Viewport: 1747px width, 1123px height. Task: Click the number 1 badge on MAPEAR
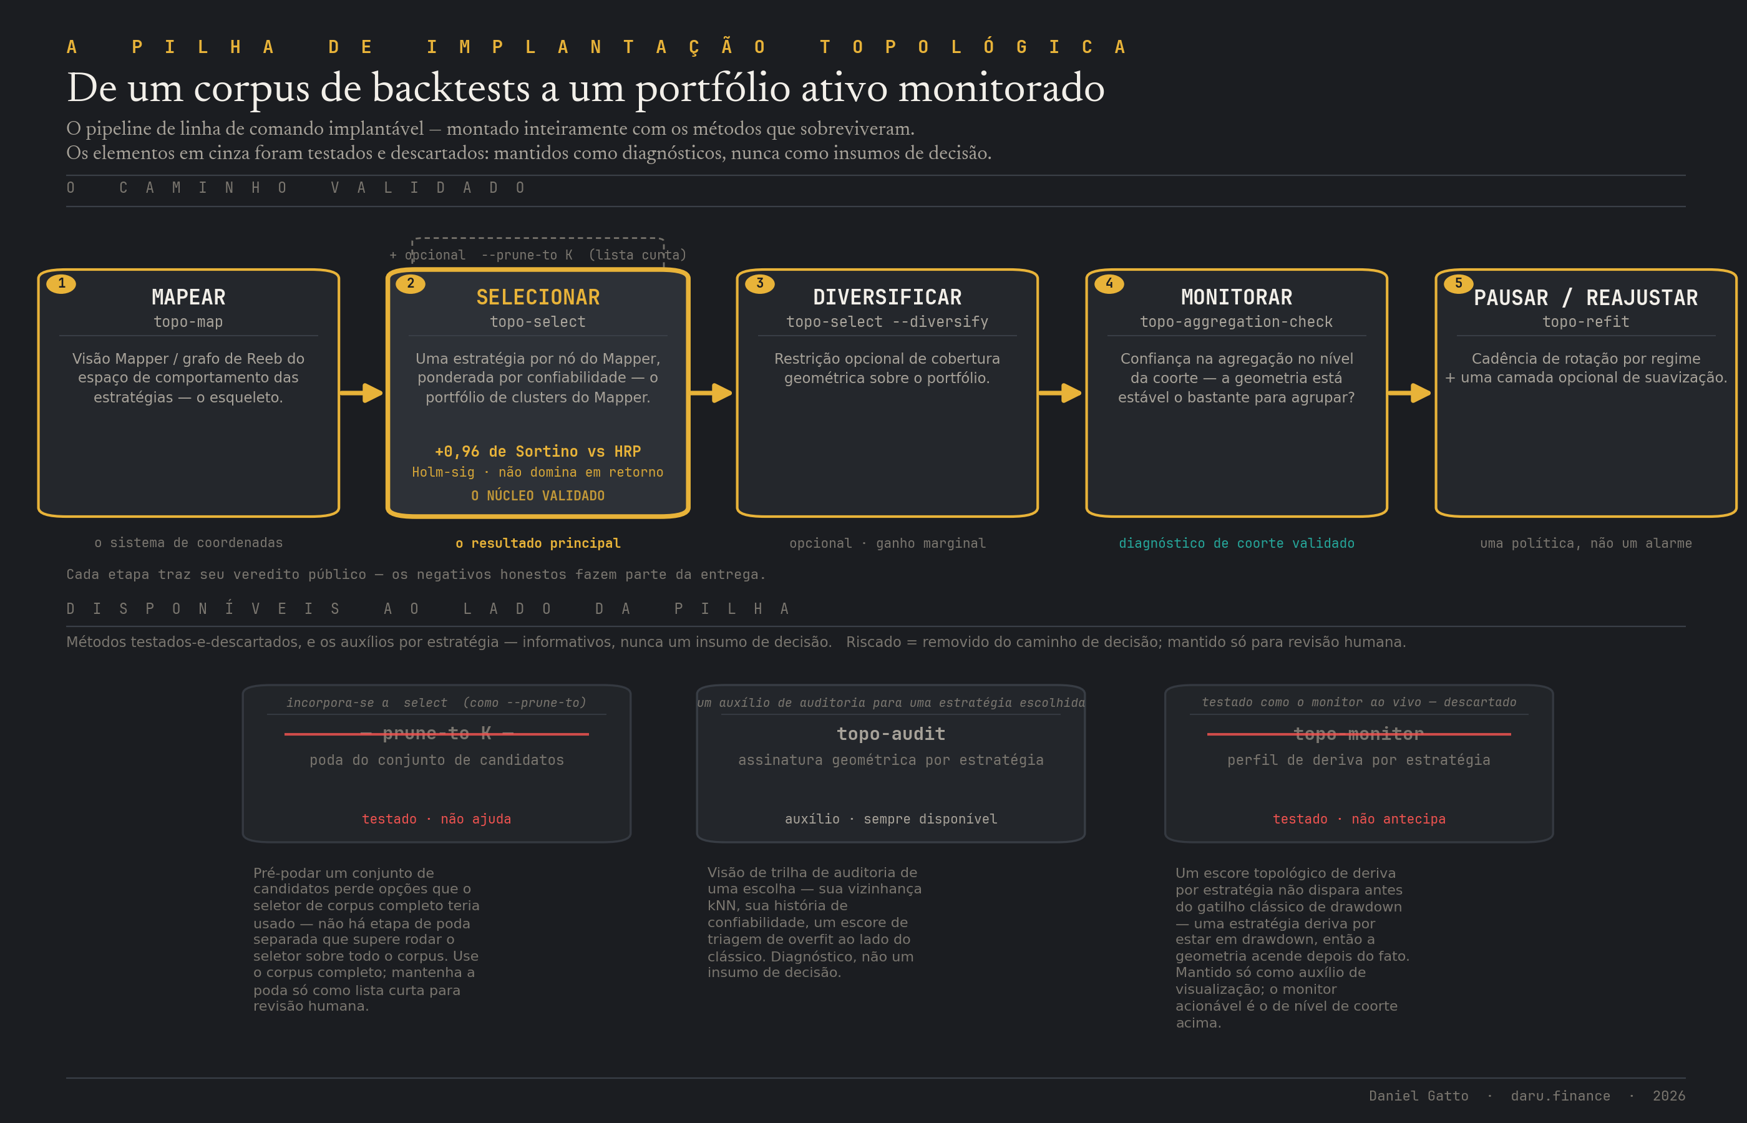coord(61,284)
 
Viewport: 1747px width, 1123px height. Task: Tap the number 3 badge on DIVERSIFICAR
coord(760,284)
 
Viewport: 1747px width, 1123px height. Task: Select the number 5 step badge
coord(1458,284)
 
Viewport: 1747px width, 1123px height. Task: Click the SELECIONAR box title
coord(538,298)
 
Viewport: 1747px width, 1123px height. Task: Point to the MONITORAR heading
coord(1237,298)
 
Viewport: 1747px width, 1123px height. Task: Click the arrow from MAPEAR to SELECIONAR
coord(362,393)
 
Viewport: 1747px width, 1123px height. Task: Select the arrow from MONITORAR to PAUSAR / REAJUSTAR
coord(1409,393)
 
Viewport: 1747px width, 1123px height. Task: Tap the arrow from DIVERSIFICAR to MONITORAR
coord(1060,393)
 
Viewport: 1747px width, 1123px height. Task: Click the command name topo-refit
coord(1586,321)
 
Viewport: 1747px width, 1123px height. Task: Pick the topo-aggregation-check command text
coord(1237,321)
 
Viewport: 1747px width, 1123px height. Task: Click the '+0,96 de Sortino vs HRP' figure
coord(538,452)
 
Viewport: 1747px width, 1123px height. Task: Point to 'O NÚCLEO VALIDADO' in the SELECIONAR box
coord(538,496)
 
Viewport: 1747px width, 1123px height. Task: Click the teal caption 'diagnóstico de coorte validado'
coord(1237,543)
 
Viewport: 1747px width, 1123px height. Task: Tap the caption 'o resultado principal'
coord(538,543)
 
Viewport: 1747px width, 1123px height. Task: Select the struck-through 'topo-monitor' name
coord(1359,734)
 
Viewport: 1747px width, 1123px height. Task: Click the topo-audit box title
coord(891,734)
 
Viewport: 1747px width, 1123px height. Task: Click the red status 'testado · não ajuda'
coord(437,819)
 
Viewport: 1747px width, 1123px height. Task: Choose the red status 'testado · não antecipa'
coord(1359,819)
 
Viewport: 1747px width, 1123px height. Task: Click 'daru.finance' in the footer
coord(1560,1096)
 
